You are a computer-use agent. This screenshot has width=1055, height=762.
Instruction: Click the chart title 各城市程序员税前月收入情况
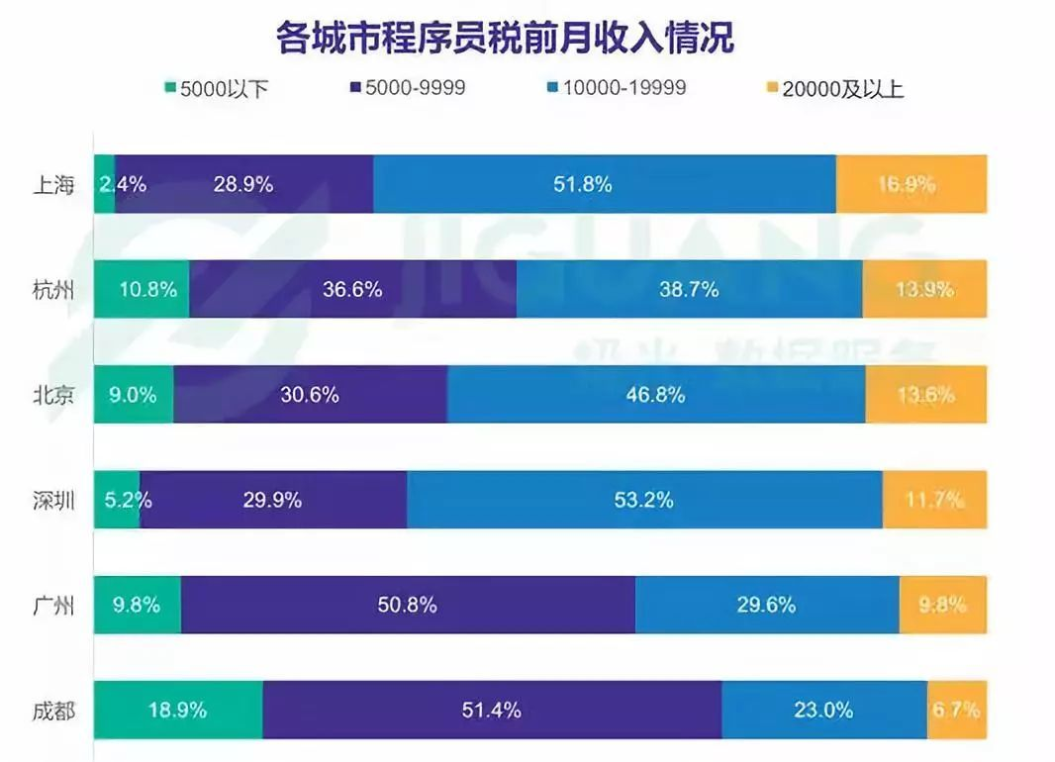click(505, 38)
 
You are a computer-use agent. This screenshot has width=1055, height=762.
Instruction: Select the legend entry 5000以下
click(216, 89)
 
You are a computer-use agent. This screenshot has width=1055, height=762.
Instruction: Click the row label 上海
click(52, 184)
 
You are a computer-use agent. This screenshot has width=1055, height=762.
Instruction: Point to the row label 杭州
click(52, 290)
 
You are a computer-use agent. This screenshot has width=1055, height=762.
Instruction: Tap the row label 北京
click(52, 395)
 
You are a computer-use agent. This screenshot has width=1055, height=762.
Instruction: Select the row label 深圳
click(52, 500)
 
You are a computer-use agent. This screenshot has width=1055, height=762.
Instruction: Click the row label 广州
click(52, 605)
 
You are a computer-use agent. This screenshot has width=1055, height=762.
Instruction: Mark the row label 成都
click(52, 711)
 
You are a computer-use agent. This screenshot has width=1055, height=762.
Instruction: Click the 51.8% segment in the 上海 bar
click(604, 184)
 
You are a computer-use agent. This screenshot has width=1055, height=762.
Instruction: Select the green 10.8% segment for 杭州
click(142, 289)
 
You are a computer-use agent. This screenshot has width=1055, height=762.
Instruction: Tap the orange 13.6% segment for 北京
click(925, 395)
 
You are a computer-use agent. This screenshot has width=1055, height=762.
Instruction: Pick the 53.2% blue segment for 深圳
click(644, 500)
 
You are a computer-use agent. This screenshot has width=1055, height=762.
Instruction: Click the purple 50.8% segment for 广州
click(408, 605)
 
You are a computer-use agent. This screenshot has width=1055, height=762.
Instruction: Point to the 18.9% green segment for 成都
click(178, 710)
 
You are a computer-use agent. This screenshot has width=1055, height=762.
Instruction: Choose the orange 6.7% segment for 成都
click(956, 710)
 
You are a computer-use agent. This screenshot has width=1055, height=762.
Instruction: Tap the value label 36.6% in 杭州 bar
click(352, 290)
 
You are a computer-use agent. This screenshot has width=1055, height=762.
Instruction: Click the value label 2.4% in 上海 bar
click(123, 184)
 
